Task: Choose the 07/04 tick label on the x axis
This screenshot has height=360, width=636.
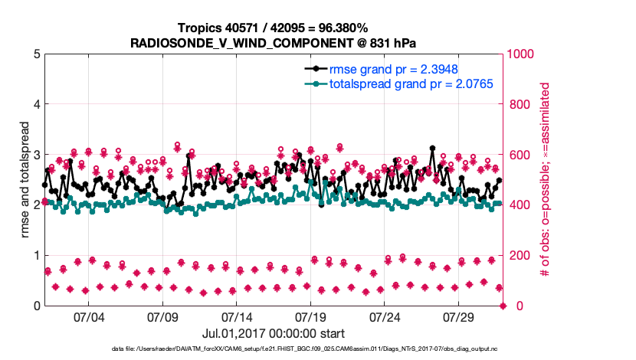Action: coord(89,317)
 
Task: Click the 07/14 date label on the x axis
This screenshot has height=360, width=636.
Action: coord(237,317)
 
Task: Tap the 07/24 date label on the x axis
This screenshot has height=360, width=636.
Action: coord(385,317)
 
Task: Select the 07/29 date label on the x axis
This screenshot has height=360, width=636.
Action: coord(459,317)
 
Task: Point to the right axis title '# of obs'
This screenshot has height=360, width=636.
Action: coord(546,179)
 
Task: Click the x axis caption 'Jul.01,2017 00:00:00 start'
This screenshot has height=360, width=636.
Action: coord(273,333)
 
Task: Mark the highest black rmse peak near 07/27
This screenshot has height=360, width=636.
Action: coord(432,148)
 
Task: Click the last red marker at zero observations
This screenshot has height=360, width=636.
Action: coord(503,306)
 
